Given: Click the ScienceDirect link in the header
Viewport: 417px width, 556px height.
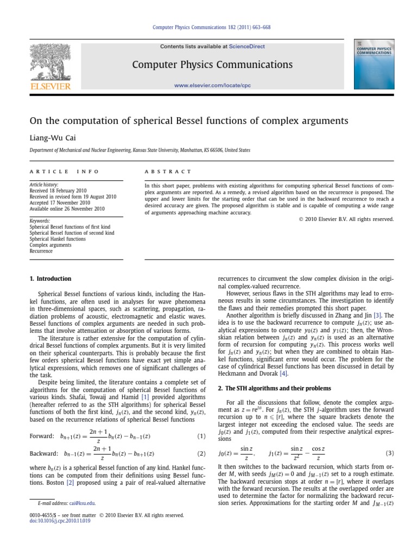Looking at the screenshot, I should (247, 47).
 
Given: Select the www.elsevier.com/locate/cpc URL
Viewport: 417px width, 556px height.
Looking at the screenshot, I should (213, 85).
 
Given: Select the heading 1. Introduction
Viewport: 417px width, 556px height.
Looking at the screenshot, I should (50, 279).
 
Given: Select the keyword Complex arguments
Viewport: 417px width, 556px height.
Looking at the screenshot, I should (50, 245).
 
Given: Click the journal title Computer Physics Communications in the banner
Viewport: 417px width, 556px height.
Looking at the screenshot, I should (212, 65).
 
